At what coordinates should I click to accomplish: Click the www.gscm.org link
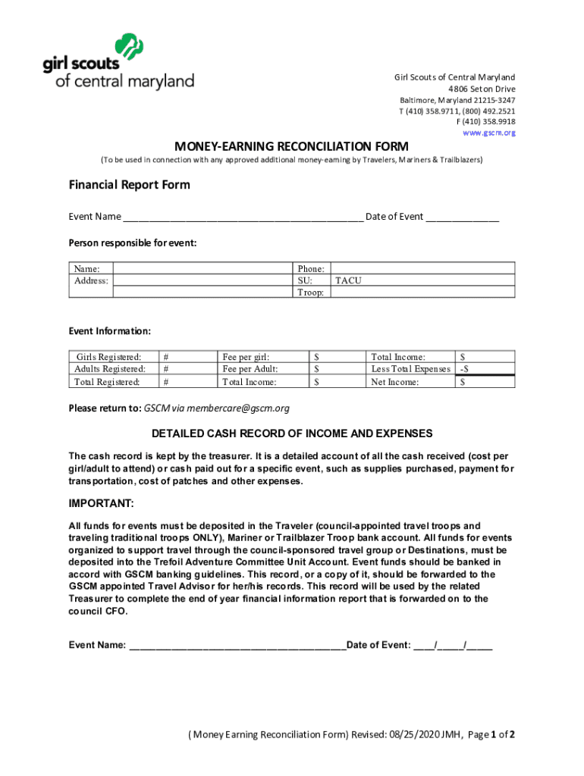(489, 133)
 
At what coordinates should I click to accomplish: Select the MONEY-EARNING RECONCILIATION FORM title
(292, 146)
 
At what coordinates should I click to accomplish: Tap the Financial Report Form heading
(130, 185)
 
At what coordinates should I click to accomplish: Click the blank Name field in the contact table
(203, 268)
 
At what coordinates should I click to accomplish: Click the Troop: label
(311, 293)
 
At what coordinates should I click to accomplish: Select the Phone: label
(311, 268)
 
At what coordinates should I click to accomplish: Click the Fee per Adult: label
(250, 369)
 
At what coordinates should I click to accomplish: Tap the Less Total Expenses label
(410, 369)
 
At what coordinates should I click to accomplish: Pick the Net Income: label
(394, 382)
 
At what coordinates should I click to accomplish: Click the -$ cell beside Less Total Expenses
(464, 369)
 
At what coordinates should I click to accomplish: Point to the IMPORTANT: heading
(102, 504)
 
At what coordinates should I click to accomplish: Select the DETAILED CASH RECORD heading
(292, 433)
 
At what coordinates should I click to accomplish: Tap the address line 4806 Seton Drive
(481, 89)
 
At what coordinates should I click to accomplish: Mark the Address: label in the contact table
(91, 280)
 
